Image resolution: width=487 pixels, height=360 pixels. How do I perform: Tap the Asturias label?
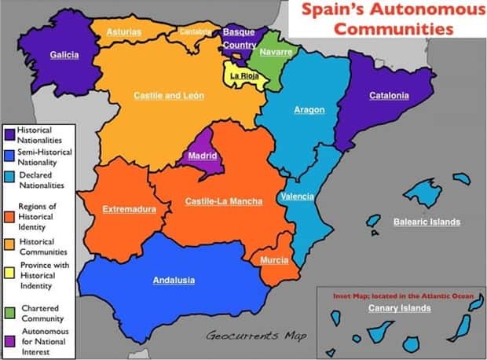[x=123, y=32]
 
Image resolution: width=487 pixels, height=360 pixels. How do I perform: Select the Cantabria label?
[x=196, y=31]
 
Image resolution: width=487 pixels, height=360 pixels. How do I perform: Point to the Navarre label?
[x=276, y=52]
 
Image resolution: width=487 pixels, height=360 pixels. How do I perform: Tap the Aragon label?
[x=309, y=110]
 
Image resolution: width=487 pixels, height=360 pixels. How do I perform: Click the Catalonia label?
[x=389, y=96]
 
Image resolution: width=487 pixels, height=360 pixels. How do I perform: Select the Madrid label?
[x=202, y=156]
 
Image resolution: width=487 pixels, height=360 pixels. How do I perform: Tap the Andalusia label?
[x=174, y=281]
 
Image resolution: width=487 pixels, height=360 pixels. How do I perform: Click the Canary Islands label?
[x=399, y=308]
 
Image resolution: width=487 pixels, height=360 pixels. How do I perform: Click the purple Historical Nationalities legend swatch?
[x=9, y=130]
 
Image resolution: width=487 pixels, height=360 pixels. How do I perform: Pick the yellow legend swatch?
[x=9, y=270]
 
